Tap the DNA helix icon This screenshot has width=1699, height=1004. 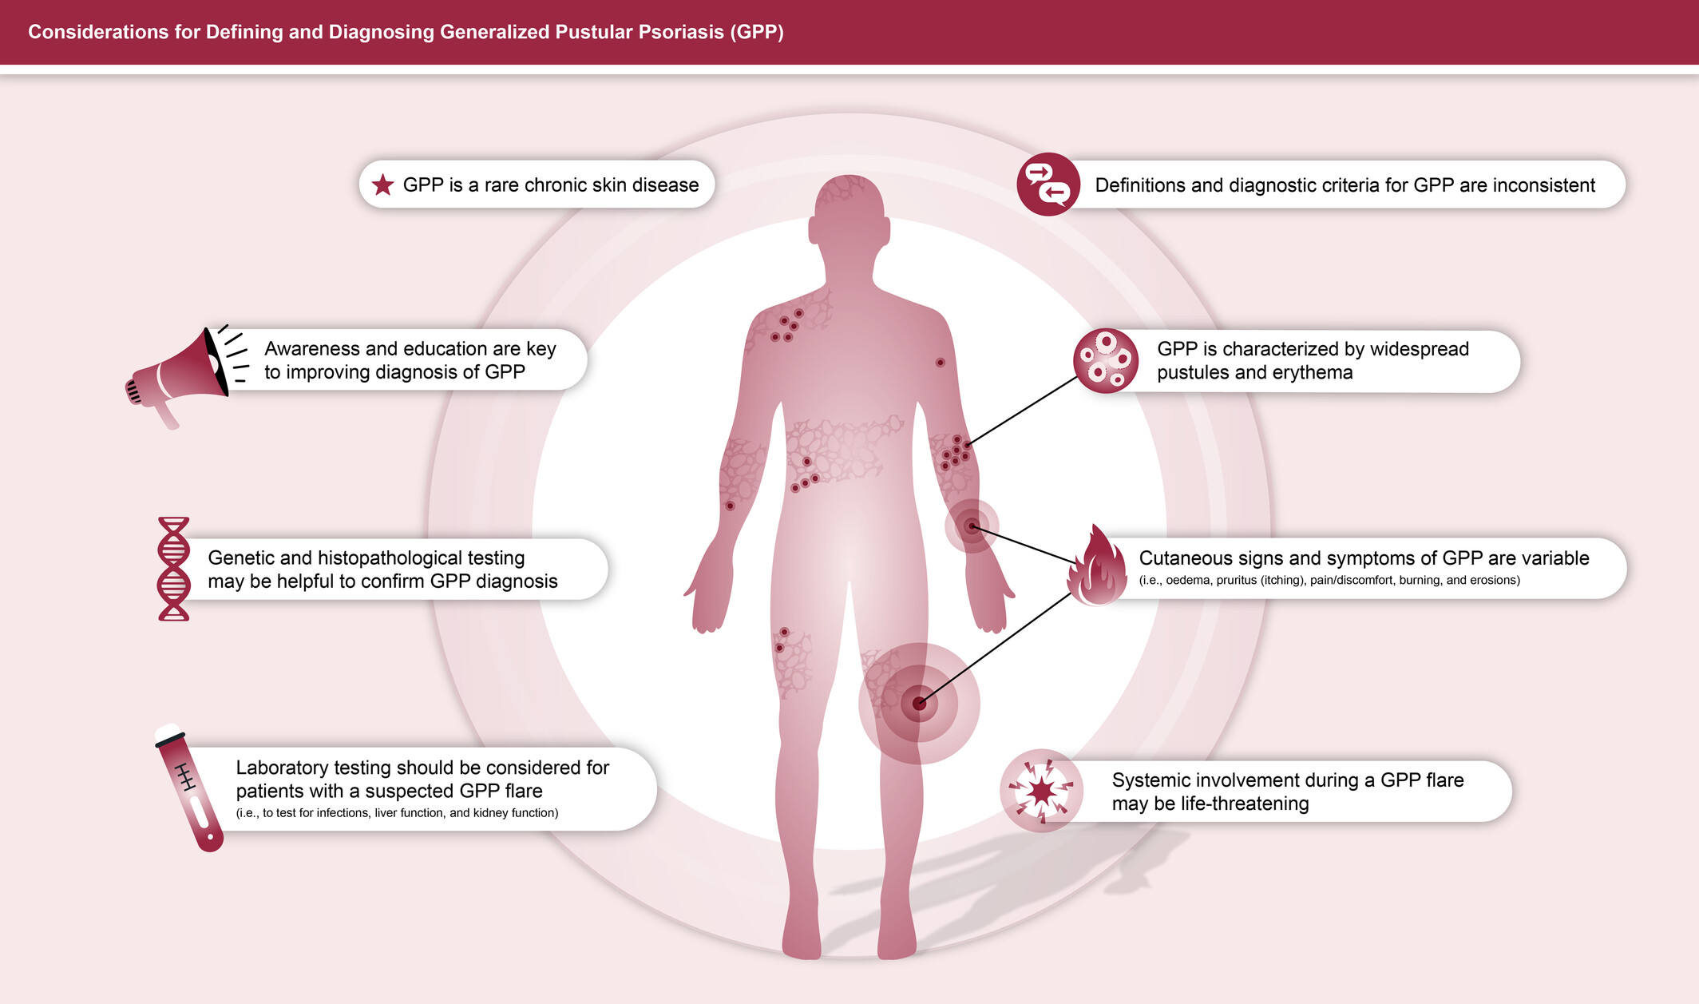(x=173, y=569)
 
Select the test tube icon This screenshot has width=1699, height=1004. (x=190, y=788)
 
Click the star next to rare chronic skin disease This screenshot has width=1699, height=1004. (x=383, y=185)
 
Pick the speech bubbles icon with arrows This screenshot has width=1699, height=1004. (x=1048, y=185)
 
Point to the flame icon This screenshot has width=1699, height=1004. (x=1098, y=567)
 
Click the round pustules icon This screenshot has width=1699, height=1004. (x=1105, y=361)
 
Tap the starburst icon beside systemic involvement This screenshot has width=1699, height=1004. (x=1041, y=791)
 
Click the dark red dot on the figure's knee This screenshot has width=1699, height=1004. (x=919, y=704)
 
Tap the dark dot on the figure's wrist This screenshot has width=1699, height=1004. (x=971, y=526)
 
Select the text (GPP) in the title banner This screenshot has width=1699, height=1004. (x=756, y=32)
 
